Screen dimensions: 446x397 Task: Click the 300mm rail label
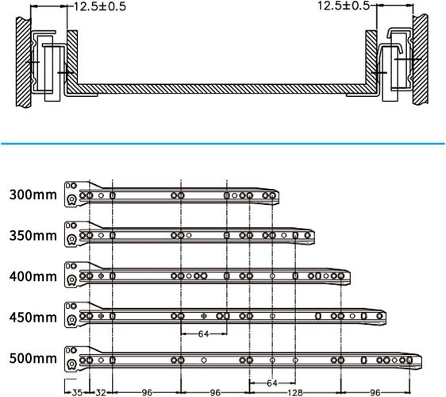click(x=33, y=195)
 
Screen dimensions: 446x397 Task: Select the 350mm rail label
click(x=33, y=236)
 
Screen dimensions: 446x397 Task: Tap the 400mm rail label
click(x=33, y=276)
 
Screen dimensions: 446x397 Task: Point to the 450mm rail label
click(x=33, y=318)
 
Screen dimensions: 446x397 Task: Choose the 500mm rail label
click(x=33, y=358)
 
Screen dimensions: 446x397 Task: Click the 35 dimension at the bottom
click(x=77, y=393)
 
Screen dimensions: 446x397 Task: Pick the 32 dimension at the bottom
click(x=101, y=393)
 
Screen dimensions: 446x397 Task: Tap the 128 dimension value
click(x=295, y=393)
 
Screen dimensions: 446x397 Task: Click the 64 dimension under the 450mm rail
click(x=204, y=333)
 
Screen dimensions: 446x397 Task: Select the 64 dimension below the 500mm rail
click(x=272, y=383)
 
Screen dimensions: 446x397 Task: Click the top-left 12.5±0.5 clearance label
click(x=100, y=6)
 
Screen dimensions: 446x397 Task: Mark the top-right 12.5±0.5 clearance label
click(x=344, y=6)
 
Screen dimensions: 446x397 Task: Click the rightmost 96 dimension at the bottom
click(x=375, y=393)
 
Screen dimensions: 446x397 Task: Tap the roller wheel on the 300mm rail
click(x=71, y=199)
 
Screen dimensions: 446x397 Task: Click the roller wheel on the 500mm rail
click(x=71, y=364)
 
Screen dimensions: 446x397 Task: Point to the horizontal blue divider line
click(x=223, y=144)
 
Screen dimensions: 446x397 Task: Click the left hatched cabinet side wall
click(x=23, y=62)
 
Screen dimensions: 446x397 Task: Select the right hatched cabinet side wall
click(x=421, y=60)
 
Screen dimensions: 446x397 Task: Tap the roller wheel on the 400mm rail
click(x=71, y=280)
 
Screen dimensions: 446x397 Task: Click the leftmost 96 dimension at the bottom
click(x=147, y=393)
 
